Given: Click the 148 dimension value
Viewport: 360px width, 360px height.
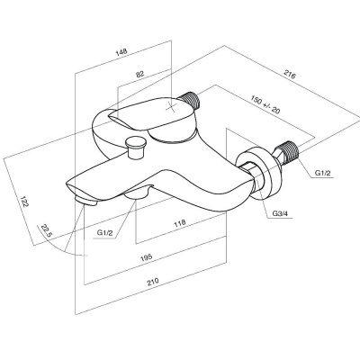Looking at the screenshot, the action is point(122,51).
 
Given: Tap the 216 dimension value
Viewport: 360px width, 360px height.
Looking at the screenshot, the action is point(290,75).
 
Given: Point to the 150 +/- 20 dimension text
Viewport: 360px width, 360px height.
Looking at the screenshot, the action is point(265,104).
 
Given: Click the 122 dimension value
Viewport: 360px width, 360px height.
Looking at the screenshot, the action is point(24,201).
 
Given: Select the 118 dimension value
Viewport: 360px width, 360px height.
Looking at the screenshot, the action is point(180,223).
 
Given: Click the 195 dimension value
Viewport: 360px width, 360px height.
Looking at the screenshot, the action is point(147,257).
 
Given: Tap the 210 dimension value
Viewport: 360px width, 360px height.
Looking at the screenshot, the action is point(153,282).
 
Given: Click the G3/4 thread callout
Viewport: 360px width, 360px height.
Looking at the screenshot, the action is point(281,213).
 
